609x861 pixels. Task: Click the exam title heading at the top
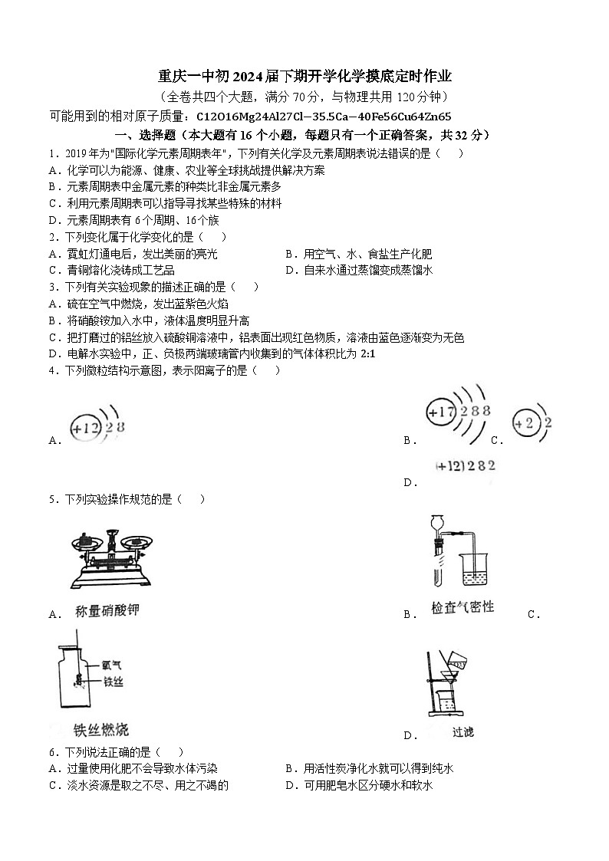click(304, 76)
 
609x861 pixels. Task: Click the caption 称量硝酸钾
click(107, 611)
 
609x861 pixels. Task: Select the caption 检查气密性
click(463, 607)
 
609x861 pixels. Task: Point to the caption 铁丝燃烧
click(100, 728)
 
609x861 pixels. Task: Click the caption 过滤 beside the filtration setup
click(463, 732)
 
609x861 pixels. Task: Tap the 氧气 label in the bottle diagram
click(111, 665)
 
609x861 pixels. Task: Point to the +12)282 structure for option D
click(466, 465)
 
